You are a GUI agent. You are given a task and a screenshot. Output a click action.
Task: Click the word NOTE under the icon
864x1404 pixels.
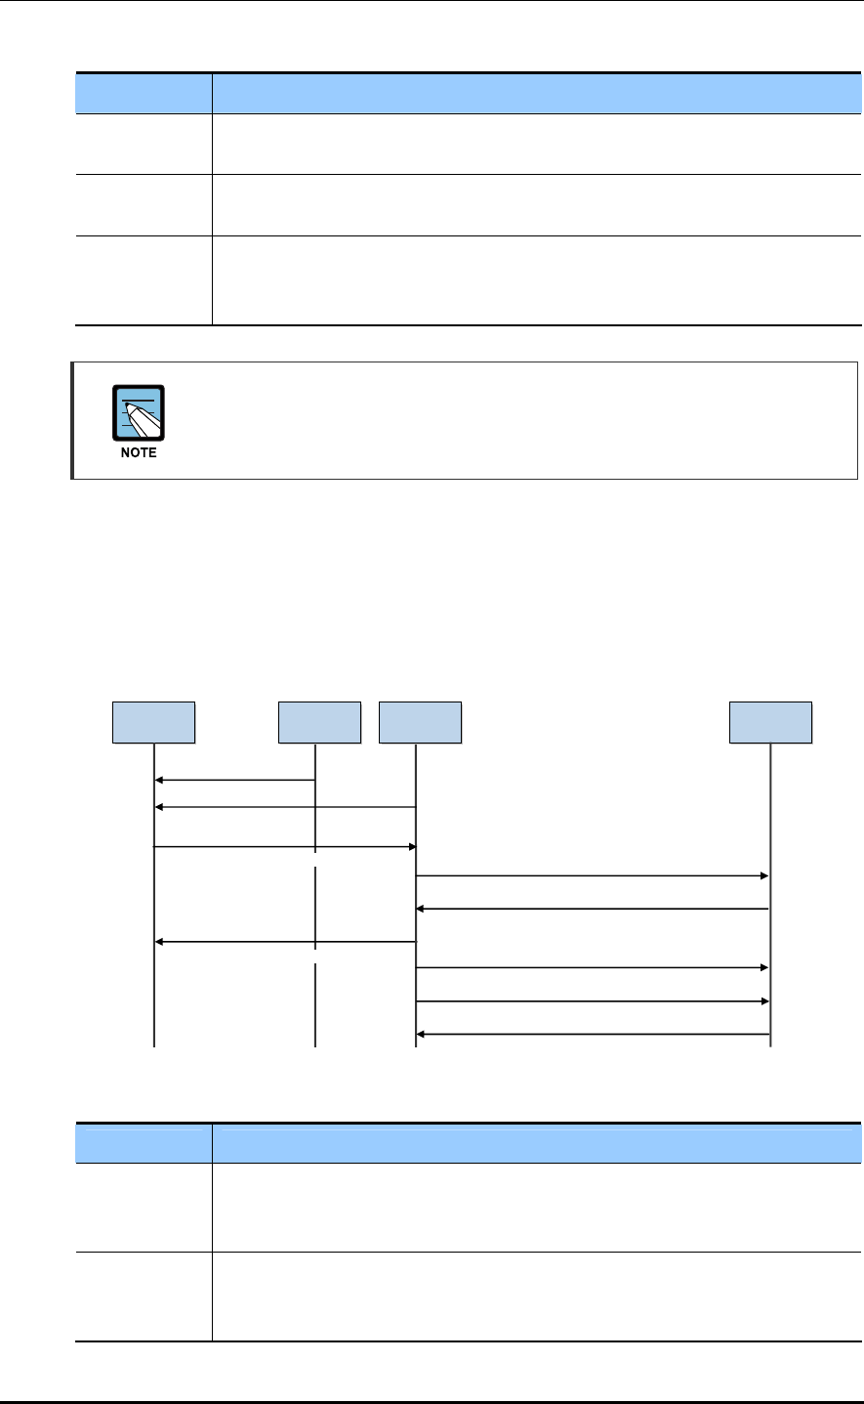[139, 453]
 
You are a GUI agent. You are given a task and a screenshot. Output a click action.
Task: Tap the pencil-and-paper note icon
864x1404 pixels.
[139, 414]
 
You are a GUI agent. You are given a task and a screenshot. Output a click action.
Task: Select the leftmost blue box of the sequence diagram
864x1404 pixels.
[154, 722]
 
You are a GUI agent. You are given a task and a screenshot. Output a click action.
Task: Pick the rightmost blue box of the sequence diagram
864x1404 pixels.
[771, 722]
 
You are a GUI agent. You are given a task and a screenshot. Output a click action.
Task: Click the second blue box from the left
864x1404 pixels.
[319, 722]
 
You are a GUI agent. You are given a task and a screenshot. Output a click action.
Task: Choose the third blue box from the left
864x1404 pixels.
[420, 722]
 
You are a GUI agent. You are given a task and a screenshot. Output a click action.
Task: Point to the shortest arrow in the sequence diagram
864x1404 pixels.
[234, 780]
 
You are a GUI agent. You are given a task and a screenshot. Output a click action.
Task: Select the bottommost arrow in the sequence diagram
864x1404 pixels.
[593, 1034]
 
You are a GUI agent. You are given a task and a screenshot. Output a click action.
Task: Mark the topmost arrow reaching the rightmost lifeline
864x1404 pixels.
[593, 876]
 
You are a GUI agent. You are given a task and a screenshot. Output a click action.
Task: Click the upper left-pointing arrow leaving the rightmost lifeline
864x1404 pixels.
[593, 909]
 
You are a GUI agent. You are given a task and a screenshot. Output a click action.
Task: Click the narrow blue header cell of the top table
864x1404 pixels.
[144, 93]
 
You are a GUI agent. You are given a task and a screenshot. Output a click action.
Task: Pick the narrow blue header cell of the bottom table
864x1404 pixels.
[144, 1142]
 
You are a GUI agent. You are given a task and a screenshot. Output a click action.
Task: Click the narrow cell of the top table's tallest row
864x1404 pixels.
[144, 280]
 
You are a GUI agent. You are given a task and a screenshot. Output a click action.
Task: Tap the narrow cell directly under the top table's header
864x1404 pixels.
[144, 144]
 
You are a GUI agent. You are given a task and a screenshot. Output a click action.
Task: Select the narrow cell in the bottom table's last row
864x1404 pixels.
[144, 1297]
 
